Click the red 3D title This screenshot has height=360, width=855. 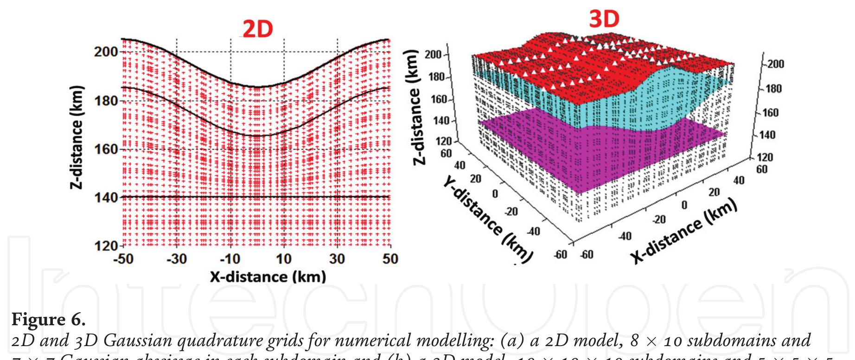(x=604, y=19)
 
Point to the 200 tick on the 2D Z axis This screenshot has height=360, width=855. (x=106, y=52)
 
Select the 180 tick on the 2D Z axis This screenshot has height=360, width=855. (x=106, y=101)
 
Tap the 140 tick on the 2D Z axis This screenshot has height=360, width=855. (x=106, y=197)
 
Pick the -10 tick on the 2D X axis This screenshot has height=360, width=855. (x=230, y=259)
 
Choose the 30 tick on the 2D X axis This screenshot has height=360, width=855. (x=337, y=259)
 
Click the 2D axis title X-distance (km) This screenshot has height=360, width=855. (x=268, y=277)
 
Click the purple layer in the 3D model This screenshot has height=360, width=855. (x=580, y=153)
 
